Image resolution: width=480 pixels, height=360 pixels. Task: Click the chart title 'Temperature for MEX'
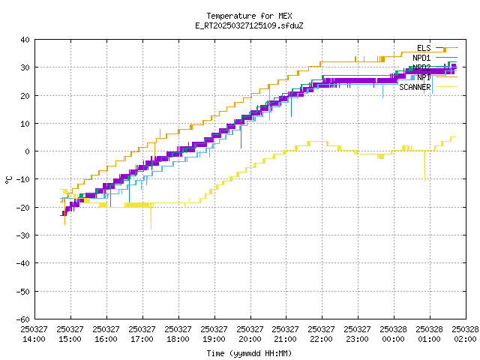click(x=249, y=16)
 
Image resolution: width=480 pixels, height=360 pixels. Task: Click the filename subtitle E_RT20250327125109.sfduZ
click(x=249, y=25)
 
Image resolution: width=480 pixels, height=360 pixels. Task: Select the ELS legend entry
click(x=424, y=48)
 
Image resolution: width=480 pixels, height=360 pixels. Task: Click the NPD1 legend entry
click(x=421, y=58)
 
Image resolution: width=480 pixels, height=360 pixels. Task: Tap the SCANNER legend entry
click(x=415, y=87)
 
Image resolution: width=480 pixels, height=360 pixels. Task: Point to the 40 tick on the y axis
click(x=25, y=40)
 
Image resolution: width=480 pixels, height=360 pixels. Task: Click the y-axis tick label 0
click(x=28, y=151)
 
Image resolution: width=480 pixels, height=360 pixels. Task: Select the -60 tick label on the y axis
click(x=23, y=319)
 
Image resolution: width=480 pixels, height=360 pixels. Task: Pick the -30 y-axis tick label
click(x=23, y=235)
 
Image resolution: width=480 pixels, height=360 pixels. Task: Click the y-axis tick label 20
click(x=25, y=95)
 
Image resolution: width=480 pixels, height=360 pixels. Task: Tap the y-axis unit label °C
click(x=9, y=179)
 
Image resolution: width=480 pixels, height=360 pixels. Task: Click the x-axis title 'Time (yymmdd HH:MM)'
click(x=249, y=353)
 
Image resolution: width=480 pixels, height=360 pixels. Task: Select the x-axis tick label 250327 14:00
click(x=34, y=334)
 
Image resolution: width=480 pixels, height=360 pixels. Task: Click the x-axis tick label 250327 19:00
click(x=214, y=334)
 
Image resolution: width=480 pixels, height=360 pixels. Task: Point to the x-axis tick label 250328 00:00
click(x=393, y=334)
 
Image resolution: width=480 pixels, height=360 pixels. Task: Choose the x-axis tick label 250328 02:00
click(x=465, y=334)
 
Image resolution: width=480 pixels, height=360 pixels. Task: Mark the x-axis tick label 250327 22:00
click(x=321, y=334)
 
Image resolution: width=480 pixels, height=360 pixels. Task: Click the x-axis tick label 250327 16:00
click(x=106, y=334)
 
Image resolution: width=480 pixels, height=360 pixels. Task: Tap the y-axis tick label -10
click(x=23, y=179)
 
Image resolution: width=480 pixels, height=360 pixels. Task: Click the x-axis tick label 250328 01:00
click(x=429, y=334)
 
